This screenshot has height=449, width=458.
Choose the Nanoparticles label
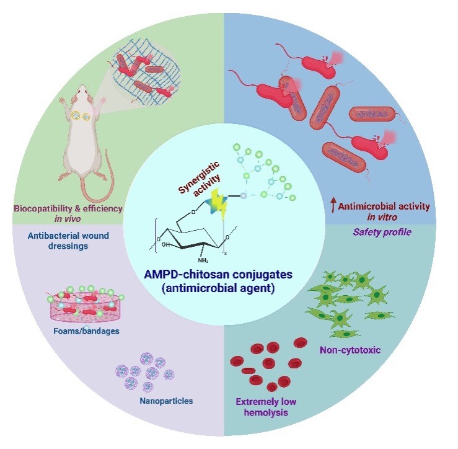click(x=167, y=401)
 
